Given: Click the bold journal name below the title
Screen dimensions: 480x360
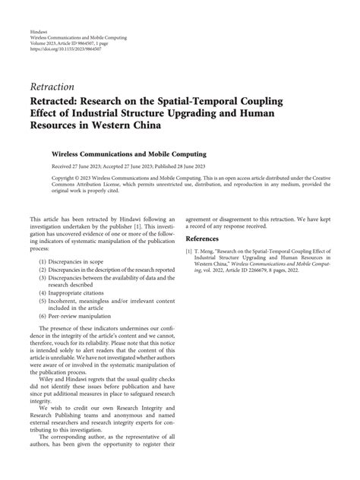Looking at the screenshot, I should point(134,153).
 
